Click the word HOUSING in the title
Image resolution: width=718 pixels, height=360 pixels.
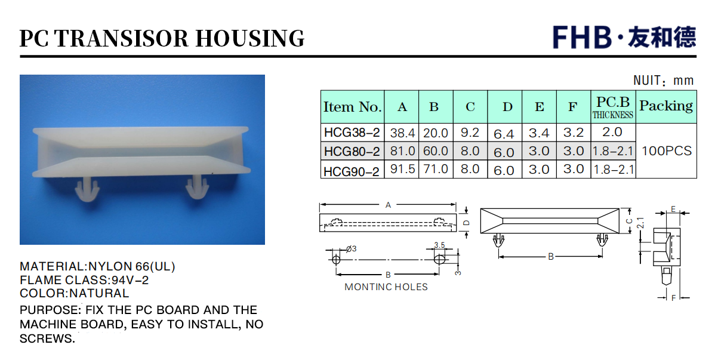point(249,38)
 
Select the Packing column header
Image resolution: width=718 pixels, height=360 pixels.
point(666,106)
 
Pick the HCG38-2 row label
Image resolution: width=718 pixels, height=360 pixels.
point(352,133)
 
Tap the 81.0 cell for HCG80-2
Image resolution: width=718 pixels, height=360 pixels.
point(402,150)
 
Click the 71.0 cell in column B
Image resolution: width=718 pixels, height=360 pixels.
point(435,169)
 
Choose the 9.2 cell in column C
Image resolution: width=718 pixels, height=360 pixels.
point(470,133)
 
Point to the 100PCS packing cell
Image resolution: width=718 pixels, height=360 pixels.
point(667,150)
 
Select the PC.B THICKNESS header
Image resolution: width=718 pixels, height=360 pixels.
point(613,107)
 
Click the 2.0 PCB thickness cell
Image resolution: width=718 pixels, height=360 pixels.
point(612,132)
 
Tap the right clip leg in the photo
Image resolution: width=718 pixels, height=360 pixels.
point(198,187)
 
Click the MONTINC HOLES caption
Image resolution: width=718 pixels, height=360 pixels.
point(386,287)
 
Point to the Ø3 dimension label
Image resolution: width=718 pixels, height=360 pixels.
point(352,248)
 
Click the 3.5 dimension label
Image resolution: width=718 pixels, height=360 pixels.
point(439,245)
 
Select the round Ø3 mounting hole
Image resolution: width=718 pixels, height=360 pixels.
point(336,259)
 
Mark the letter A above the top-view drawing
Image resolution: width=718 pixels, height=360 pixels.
point(388,205)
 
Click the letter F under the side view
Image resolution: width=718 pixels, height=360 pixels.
point(673,298)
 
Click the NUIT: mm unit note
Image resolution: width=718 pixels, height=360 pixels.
point(663,81)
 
